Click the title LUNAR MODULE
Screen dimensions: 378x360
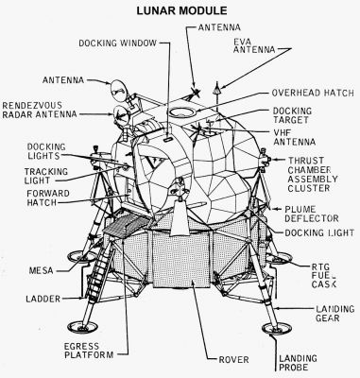tap(180, 9)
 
